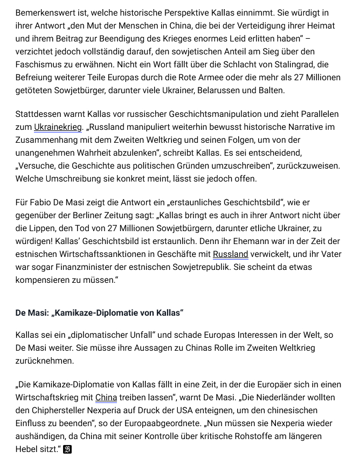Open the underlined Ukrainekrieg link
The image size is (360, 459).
(x=58, y=127)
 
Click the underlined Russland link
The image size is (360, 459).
(x=230, y=254)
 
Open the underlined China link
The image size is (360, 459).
(x=106, y=398)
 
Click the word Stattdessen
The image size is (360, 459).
(x=39, y=114)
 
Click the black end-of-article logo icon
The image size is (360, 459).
(x=67, y=449)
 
